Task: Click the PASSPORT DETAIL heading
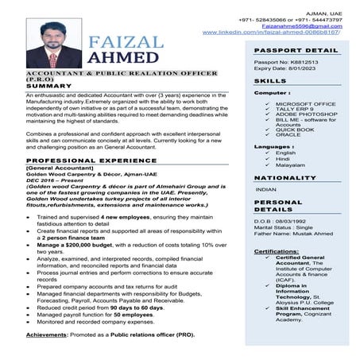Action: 296,50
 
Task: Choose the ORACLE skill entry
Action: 288,135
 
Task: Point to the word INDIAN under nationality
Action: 266,190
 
